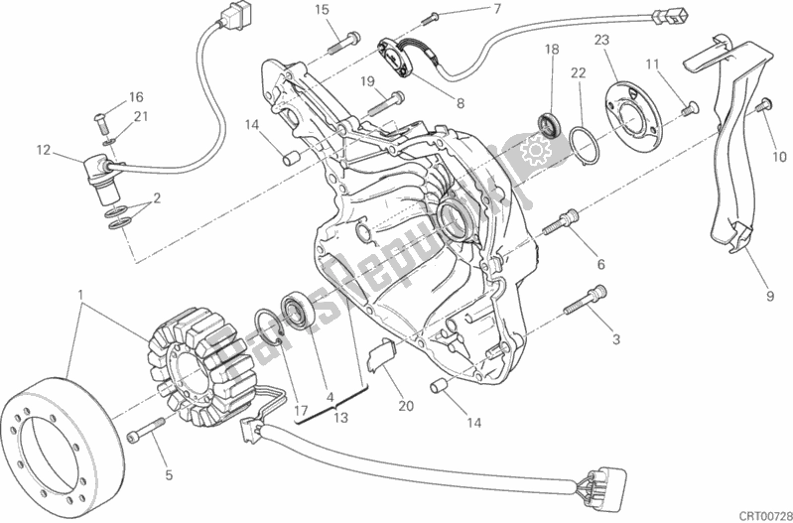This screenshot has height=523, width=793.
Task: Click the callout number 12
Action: [42, 151]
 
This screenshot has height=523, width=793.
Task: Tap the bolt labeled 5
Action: [147, 431]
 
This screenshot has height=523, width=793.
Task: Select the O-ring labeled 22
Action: [582, 144]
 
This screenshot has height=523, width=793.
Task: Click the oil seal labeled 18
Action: [548, 125]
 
